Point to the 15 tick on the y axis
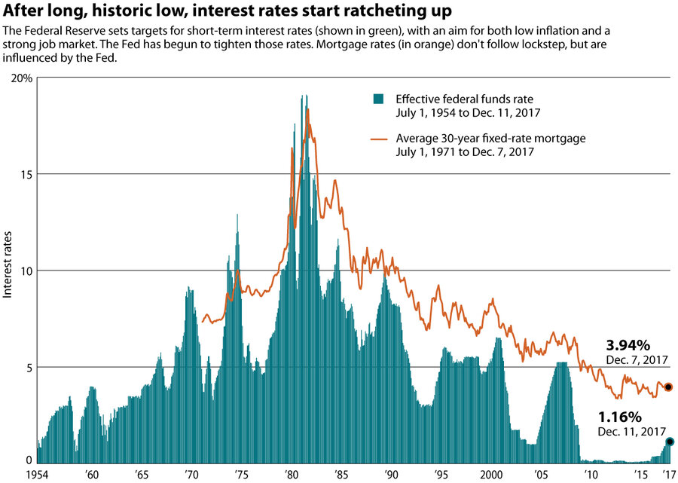pyautogui.click(x=26, y=174)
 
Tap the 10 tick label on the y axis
pyautogui.click(x=26, y=271)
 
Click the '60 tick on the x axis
pyautogui.click(x=90, y=475)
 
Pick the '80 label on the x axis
pyautogui.click(x=289, y=475)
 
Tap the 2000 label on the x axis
pyautogui.click(x=489, y=475)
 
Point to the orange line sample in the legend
pyautogui.click(x=379, y=139)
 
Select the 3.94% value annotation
pyautogui.click(x=627, y=346)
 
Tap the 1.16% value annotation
pyautogui.click(x=619, y=417)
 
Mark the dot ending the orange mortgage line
pyautogui.click(x=669, y=387)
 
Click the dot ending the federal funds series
pyautogui.click(x=669, y=442)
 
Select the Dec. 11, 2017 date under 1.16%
pyautogui.click(x=632, y=432)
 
